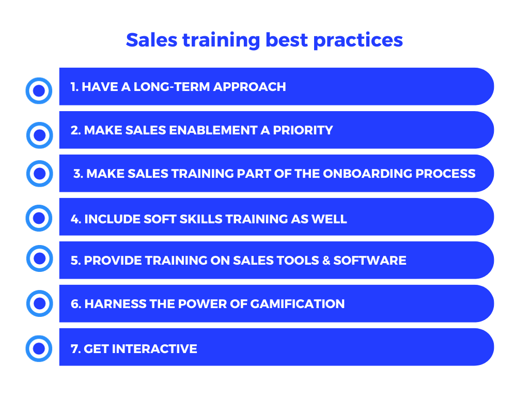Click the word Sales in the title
151,40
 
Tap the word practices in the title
358,41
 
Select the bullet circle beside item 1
39,91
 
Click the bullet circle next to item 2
39,135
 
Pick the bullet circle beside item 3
39,174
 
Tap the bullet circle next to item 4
39,218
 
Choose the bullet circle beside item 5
39,258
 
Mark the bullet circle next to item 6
39,303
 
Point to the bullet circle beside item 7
39,349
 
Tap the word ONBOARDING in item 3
367,174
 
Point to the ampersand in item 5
326,261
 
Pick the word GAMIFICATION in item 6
297,304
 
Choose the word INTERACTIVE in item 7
154,349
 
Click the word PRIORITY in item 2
303,130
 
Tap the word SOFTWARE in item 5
370,261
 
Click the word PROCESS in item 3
445,174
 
